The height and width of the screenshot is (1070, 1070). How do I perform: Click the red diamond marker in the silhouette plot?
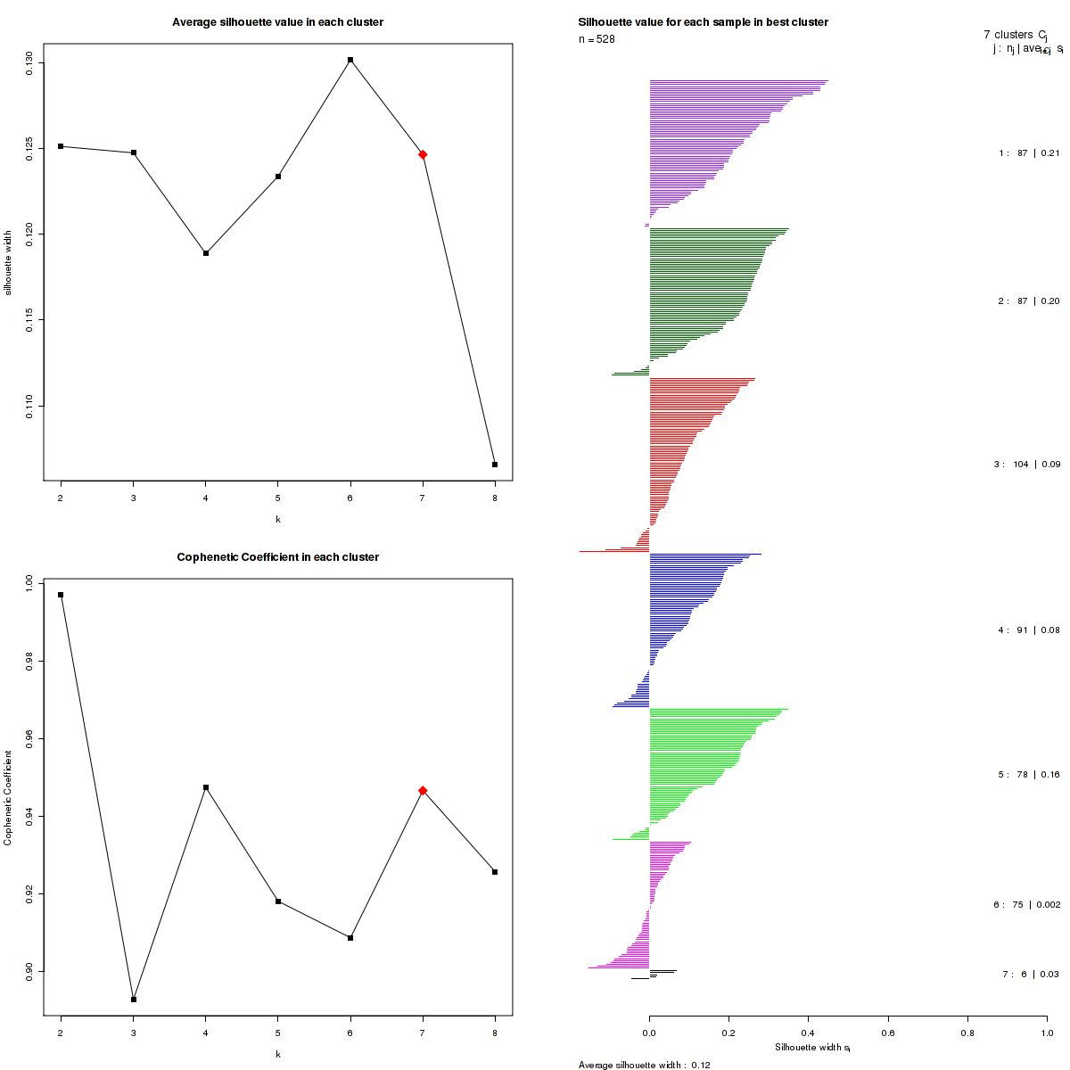tap(423, 154)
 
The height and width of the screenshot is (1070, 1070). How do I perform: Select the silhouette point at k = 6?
tap(350, 60)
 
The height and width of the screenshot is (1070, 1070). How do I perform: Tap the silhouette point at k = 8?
tap(495, 465)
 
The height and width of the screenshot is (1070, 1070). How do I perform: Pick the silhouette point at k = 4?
tap(206, 253)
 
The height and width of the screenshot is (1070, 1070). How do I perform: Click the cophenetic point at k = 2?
tap(61, 595)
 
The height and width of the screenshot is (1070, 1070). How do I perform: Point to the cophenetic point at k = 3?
tap(134, 999)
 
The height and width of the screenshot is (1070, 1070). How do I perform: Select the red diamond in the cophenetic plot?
tap(423, 790)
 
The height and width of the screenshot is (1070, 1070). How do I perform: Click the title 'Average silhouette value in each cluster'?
tap(277, 22)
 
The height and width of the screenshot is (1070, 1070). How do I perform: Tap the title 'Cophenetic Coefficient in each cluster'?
tap(277, 557)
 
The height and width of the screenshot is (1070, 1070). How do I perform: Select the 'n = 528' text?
tap(597, 39)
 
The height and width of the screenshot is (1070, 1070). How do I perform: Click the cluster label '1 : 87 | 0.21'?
tap(1029, 153)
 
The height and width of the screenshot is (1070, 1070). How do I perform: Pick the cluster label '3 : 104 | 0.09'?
tap(1026, 465)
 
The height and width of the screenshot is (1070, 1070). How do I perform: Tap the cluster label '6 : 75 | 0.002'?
tap(1026, 905)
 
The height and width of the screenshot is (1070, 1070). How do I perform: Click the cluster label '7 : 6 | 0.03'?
tap(1030, 975)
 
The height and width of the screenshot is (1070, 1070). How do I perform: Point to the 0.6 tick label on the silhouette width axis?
tap(887, 1033)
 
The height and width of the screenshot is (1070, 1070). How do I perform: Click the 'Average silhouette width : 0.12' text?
tap(644, 1065)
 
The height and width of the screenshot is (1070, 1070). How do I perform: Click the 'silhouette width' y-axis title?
tap(8, 262)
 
